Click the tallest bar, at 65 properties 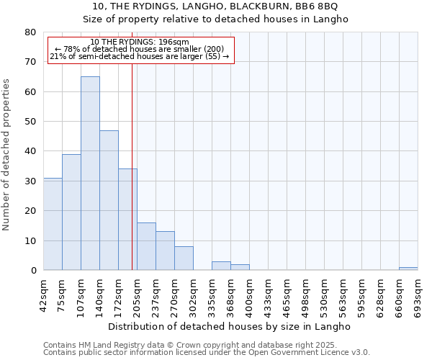coord(90,174)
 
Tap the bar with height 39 coord(71,212)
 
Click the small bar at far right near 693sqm coord(408,269)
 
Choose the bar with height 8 coord(184,258)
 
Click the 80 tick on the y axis coord(30,32)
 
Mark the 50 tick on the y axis coord(30,122)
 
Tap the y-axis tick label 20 coord(30,211)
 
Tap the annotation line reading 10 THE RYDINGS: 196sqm coord(140,42)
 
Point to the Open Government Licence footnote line coord(207,353)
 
